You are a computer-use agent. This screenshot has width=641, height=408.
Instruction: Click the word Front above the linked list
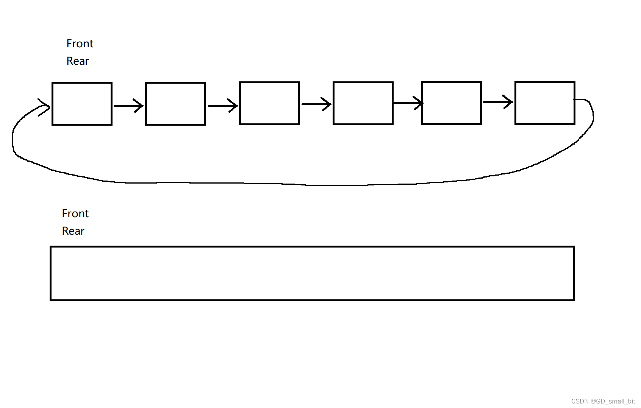[80, 44]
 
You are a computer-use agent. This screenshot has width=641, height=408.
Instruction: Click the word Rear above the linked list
[77, 61]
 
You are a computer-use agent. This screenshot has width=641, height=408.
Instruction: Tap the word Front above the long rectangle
[75, 213]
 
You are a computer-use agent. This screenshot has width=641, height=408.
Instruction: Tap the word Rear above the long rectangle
[73, 231]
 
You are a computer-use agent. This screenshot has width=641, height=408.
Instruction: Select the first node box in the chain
[82, 103]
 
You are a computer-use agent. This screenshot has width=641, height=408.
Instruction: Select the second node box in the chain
[175, 103]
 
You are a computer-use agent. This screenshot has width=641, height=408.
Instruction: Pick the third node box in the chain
[269, 103]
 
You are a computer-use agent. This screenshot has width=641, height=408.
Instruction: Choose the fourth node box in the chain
[363, 103]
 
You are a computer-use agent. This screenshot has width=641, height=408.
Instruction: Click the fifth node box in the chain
[451, 103]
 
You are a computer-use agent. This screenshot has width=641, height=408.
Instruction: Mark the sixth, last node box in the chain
[545, 103]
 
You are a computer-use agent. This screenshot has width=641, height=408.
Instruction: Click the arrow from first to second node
[128, 106]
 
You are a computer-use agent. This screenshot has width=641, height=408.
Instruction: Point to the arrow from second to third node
[222, 106]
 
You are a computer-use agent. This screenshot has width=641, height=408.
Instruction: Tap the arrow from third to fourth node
[316, 104]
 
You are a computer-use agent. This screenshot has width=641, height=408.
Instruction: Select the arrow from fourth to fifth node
[408, 103]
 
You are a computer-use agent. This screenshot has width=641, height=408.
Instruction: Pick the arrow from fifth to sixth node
[498, 101]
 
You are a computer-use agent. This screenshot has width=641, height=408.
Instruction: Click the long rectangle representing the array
[312, 273]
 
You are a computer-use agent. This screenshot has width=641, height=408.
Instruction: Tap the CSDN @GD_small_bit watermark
[603, 401]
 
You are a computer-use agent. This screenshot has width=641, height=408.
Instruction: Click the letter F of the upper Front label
[69, 44]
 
